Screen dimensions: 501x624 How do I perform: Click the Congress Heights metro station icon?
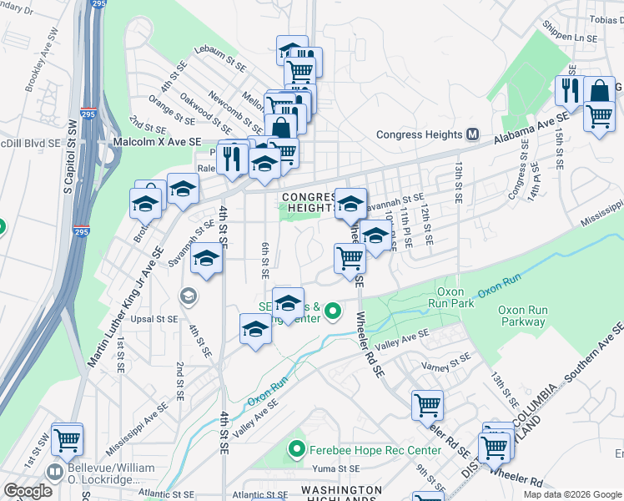point(473,134)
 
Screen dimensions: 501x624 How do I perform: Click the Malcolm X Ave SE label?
point(158,144)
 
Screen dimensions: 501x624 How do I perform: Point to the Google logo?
point(27,490)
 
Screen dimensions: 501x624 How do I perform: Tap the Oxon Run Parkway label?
point(522,316)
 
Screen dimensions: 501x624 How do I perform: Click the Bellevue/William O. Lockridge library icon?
point(54,472)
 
